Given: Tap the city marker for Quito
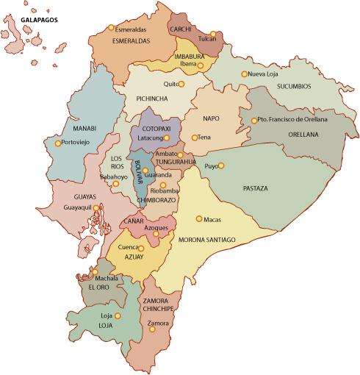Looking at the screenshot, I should coord(181,84).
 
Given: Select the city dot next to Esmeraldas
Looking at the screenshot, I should coord(111,28).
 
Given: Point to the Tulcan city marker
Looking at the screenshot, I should coord(212,34).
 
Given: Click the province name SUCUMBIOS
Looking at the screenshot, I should coord(294,86).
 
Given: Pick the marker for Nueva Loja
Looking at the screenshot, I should coord(245,74).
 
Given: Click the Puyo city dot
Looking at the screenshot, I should coord(220,165).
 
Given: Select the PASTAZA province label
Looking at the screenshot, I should coord(255,189).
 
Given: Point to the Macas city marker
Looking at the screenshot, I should coord(199,218).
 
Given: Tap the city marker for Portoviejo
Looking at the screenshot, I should coord(58,143).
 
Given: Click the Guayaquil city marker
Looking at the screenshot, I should coord(96,208).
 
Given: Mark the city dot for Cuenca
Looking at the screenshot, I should coord(141,248).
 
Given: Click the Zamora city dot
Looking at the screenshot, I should coord(152,329).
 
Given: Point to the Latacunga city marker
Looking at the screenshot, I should coord(167,137).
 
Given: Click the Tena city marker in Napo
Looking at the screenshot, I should coord(195,137).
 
